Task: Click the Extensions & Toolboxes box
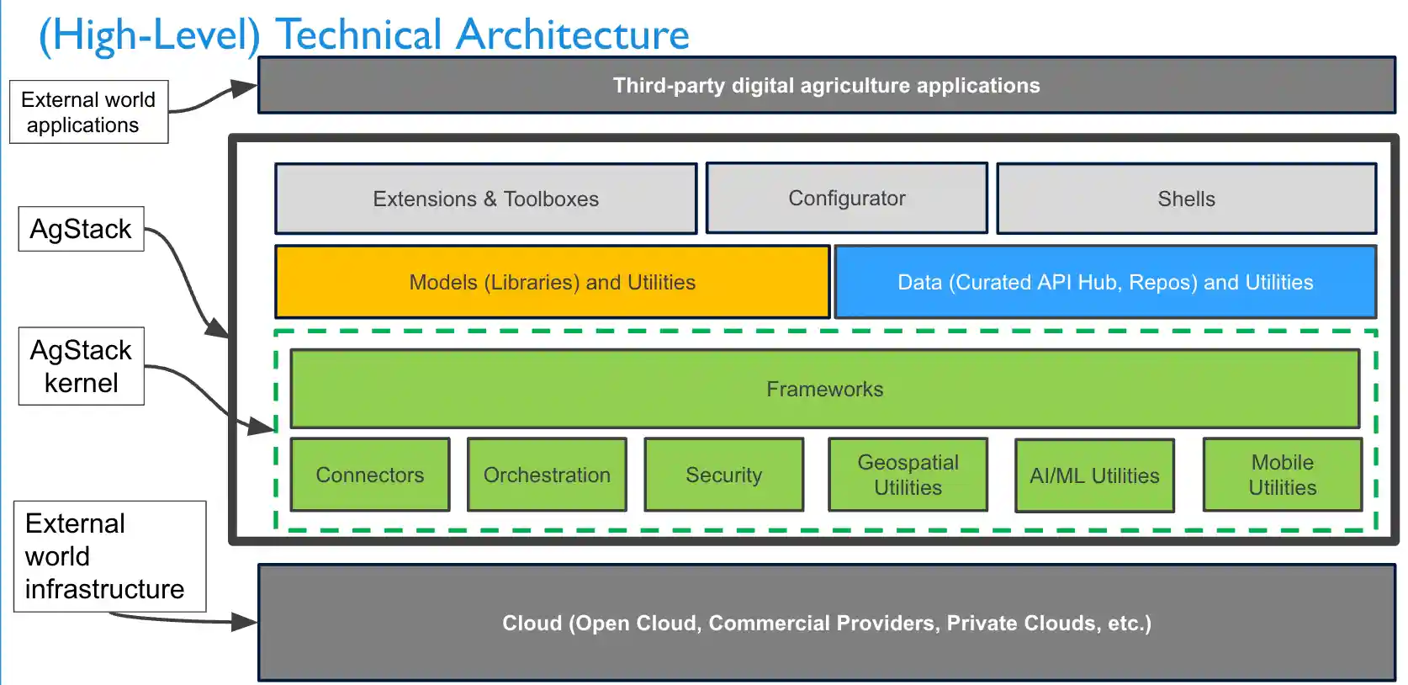[485, 199]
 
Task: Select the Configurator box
[846, 198]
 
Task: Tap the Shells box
[1186, 199]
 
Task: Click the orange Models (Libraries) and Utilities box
[552, 282]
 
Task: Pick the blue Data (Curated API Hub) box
[1104, 282]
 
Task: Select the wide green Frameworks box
[824, 389]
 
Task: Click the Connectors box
[369, 475]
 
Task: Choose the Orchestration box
[547, 475]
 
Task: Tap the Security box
[723, 475]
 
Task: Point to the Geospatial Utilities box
[908, 475]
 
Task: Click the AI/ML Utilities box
[1093, 475]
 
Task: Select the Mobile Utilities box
[1282, 475]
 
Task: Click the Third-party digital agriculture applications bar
[826, 85]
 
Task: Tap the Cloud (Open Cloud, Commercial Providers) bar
[826, 623]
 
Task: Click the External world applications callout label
[88, 112]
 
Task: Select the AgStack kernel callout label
[81, 366]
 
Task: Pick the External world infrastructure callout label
[109, 556]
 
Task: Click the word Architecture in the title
[572, 35]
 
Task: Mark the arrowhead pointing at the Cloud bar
[245, 622]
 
